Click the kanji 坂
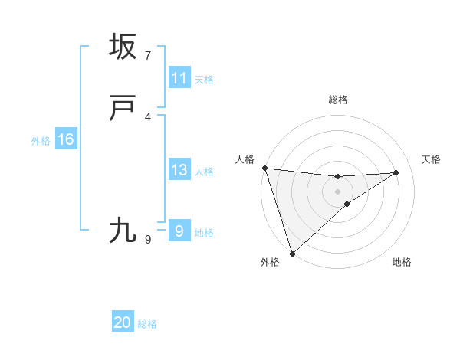(x=123, y=47)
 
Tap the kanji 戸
(x=123, y=110)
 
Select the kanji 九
(x=123, y=230)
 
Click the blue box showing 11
(x=179, y=78)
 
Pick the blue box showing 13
(x=179, y=170)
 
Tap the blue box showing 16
(x=65, y=139)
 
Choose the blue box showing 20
(x=123, y=322)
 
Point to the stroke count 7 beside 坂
(x=148, y=56)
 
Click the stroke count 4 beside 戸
(x=148, y=117)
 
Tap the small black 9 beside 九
(x=148, y=239)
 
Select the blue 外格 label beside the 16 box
(x=41, y=141)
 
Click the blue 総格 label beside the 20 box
(x=147, y=324)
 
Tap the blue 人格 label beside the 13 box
(x=204, y=172)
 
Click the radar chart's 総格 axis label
(x=338, y=100)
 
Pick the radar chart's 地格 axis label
(x=402, y=263)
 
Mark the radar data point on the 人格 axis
(x=264, y=168)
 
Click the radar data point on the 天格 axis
(x=396, y=172)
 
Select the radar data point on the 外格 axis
(x=292, y=253)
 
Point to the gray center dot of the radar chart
(x=338, y=191)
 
